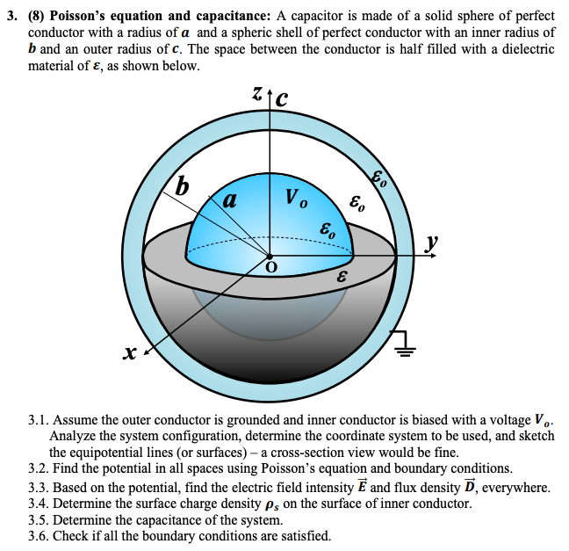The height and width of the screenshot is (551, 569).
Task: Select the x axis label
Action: [129, 352]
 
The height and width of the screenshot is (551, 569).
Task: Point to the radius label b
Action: [183, 186]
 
